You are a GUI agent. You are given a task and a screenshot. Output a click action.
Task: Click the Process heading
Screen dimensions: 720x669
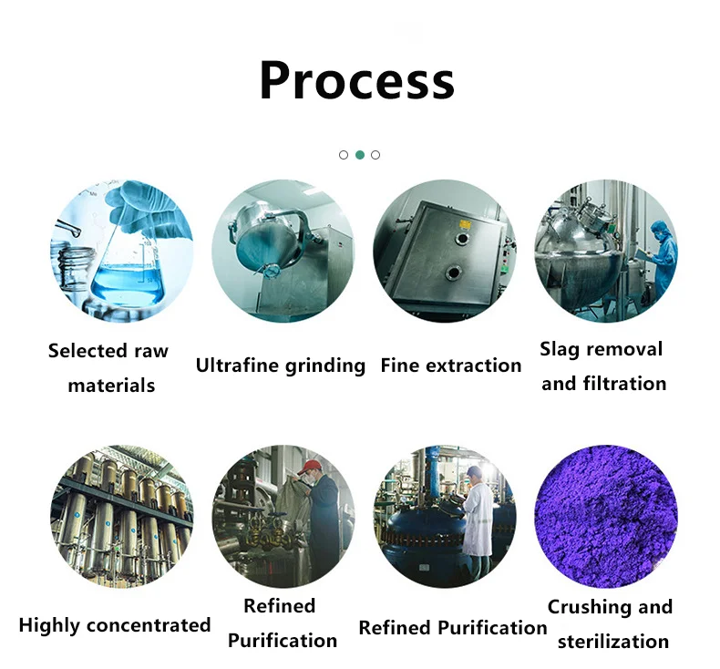tap(356, 80)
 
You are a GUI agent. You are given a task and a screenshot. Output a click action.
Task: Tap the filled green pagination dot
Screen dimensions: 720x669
tap(360, 155)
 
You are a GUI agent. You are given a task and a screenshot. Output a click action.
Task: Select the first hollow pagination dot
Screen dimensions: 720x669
tap(344, 155)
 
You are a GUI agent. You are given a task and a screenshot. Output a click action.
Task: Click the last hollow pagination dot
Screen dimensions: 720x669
tap(375, 155)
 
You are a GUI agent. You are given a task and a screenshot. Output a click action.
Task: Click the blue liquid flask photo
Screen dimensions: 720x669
tap(121, 251)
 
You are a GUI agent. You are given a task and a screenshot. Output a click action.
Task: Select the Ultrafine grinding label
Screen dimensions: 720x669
tap(280, 365)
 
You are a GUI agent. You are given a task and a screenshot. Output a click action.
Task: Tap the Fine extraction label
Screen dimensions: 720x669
tap(450, 365)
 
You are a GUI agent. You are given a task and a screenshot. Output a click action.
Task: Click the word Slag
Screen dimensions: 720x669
tap(561, 349)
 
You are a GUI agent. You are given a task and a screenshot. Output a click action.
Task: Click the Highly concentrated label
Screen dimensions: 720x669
tap(115, 625)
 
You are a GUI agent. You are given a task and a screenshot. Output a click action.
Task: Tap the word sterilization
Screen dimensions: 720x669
tap(612, 641)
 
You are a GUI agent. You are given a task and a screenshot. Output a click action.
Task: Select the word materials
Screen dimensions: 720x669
tap(111, 386)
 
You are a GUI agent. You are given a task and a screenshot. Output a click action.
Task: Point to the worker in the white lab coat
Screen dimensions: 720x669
tap(476, 516)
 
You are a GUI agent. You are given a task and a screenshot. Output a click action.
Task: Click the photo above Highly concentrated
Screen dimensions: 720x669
tap(121, 516)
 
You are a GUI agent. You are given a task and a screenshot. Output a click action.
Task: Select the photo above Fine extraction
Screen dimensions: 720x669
tap(444, 251)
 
